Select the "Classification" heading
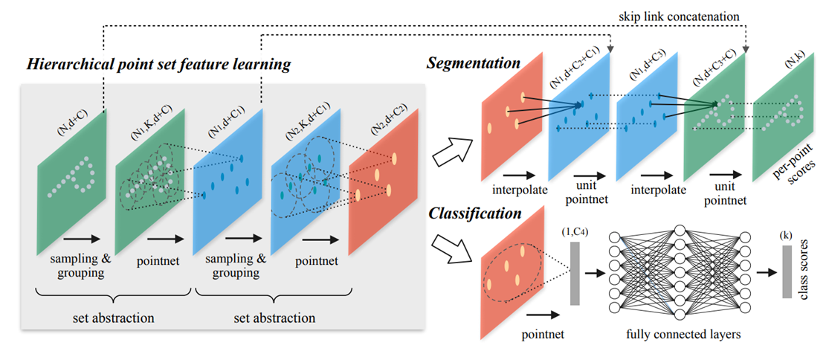[474, 213]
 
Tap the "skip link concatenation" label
[680, 16]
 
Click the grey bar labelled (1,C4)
[575, 272]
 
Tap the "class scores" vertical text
[806, 272]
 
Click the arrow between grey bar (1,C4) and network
[594, 273]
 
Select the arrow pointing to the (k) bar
[767, 272]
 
